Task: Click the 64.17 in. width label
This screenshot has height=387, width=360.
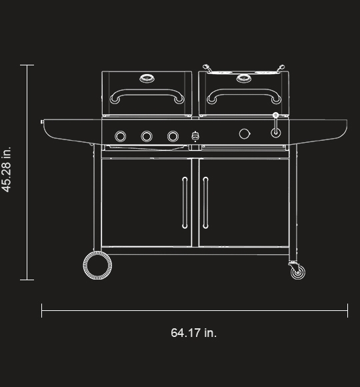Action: [x=194, y=332]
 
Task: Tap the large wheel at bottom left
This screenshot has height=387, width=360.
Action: [x=97, y=266]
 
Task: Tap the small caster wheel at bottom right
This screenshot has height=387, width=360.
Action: [x=297, y=272]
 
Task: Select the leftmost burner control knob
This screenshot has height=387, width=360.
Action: [x=121, y=136]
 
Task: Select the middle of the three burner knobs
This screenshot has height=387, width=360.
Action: [x=147, y=136]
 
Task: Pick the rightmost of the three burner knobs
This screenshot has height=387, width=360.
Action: [x=173, y=136]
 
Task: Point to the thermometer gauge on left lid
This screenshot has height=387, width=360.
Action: [x=147, y=79]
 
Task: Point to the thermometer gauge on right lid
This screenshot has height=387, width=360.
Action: [x=242, y=79]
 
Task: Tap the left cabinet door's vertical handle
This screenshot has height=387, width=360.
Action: [x=185, y=203]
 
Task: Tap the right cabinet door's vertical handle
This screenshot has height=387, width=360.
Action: [x=205, y=203]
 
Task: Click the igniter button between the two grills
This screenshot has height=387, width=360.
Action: [x=195, y=135]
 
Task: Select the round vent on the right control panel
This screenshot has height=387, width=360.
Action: [x=245, y=134]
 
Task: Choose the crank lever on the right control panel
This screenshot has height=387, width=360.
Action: [x=275, y=127]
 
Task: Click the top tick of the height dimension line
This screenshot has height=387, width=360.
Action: [x=27, y=65]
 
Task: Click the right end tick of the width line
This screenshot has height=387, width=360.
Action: [x=347, y=310]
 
